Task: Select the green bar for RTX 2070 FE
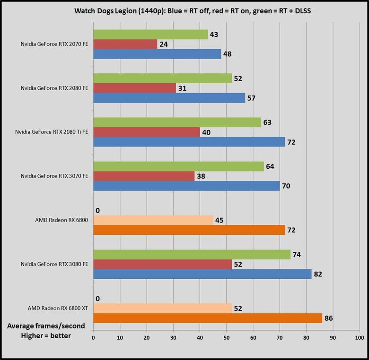click(150, 34)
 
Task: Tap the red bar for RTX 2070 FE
click(125, 44)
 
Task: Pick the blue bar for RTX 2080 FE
click(169, 98)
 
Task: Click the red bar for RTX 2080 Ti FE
click(147, 132)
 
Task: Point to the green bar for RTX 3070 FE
click(178, 166)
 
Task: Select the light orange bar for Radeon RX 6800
click(153, 220)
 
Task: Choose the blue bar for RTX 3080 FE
click(202, 274)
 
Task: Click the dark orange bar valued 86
click(208, 318)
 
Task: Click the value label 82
click(320, 274)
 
